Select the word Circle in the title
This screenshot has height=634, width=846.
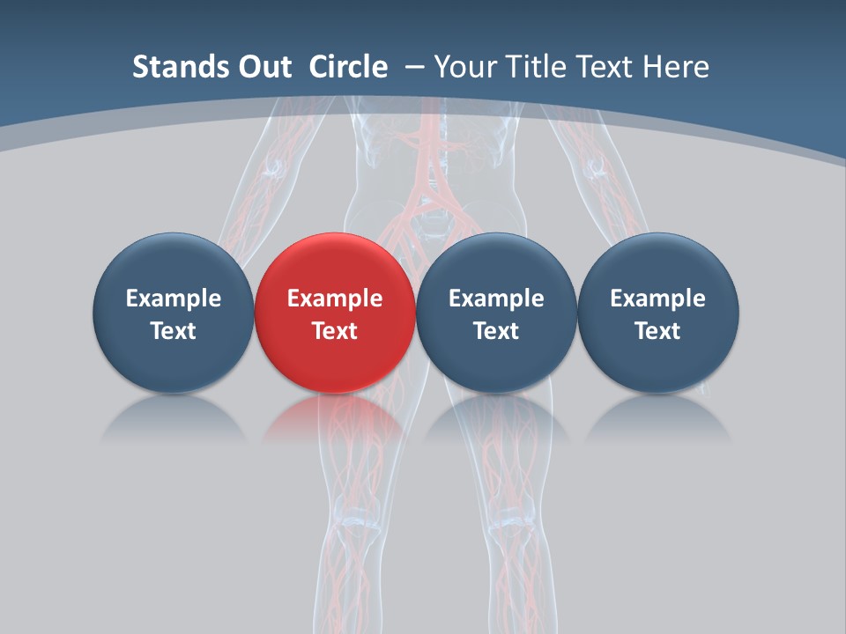[x=348, y=67]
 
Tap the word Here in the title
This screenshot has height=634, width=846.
[x=679, y=67]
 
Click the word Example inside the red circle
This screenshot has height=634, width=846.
[x=335, y=299]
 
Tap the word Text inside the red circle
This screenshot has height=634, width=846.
[x=335, y=331]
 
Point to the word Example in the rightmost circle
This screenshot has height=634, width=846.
[x=658, y=299]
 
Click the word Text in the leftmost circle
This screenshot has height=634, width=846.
[x=173, y=331]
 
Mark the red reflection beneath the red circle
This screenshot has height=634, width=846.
[x=335, y=418]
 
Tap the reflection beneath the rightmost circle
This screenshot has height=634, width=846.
[x=658, y=418]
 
